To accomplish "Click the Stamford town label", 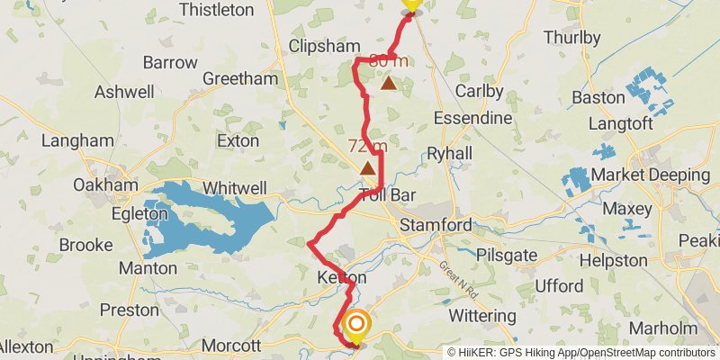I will coord(436,224).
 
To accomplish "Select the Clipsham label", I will coord(325,46).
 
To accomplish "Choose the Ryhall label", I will coord(449,153).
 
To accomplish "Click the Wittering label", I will coord(482,316).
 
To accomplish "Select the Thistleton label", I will coord(217,10).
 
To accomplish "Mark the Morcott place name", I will coord(231,346).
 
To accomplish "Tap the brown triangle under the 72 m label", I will coord(368,168).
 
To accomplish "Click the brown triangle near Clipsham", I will coord(388,84).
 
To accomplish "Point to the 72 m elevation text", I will coord(367,146).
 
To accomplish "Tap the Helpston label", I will coord(614,260).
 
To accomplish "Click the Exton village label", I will coord(238,141).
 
